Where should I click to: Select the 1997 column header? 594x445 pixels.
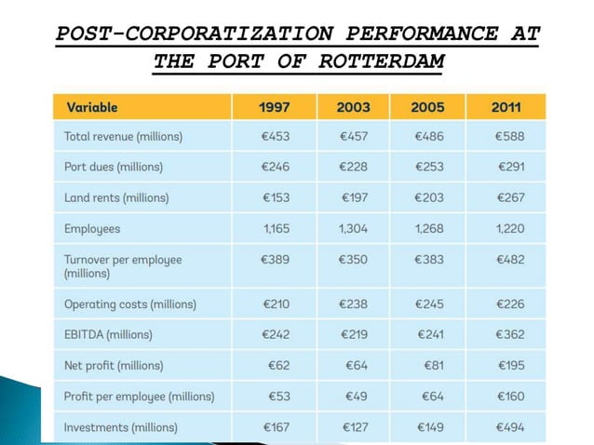pyautogui.click(x=275, y=107)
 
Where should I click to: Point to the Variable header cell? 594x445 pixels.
pyautogui.click(x=92, y=107)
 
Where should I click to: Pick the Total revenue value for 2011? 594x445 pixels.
pyautogui.click(x=510, y=137)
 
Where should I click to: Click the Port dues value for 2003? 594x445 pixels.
pyautogui.click(x=356, y=167)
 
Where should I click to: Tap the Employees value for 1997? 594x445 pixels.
pyautogui.click(x=277, y=228)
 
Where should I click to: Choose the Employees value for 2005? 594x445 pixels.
pyautogui.click(x=430, y=228)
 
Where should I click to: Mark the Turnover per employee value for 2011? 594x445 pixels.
pyautogui.click(x=510, y=259)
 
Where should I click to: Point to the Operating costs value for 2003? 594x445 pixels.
pyautogui.click(x=356, y=303)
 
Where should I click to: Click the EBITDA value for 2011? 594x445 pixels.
pyautogui.click(x=510, y=334)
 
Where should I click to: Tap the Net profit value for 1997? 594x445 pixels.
pyautogui.click(x=278, y=365)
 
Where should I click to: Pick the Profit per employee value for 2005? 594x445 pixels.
pyautogui.click(x=433, y=396)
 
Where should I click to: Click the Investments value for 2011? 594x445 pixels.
pyautogui.click(x=510, y=427)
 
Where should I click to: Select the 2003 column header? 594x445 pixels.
pyautogui.click(x=354, y=107)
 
